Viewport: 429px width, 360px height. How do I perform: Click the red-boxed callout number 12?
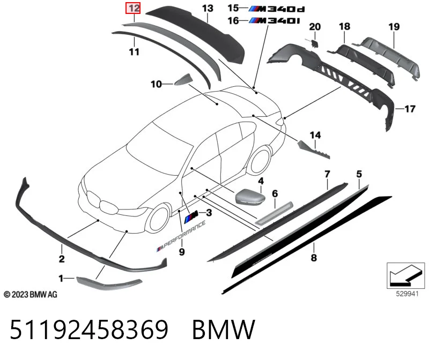point(133,8)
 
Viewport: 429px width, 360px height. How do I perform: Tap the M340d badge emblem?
point(277,9)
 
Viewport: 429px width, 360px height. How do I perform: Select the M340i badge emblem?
point(275,21)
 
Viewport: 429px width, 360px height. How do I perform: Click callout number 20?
point(315,27)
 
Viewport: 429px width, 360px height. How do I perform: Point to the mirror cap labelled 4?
point(250,197)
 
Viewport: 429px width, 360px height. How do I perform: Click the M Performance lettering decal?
point(181,236)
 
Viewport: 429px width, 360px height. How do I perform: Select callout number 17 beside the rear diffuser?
point(410,109)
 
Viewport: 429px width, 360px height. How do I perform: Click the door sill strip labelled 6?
point(274,213)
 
